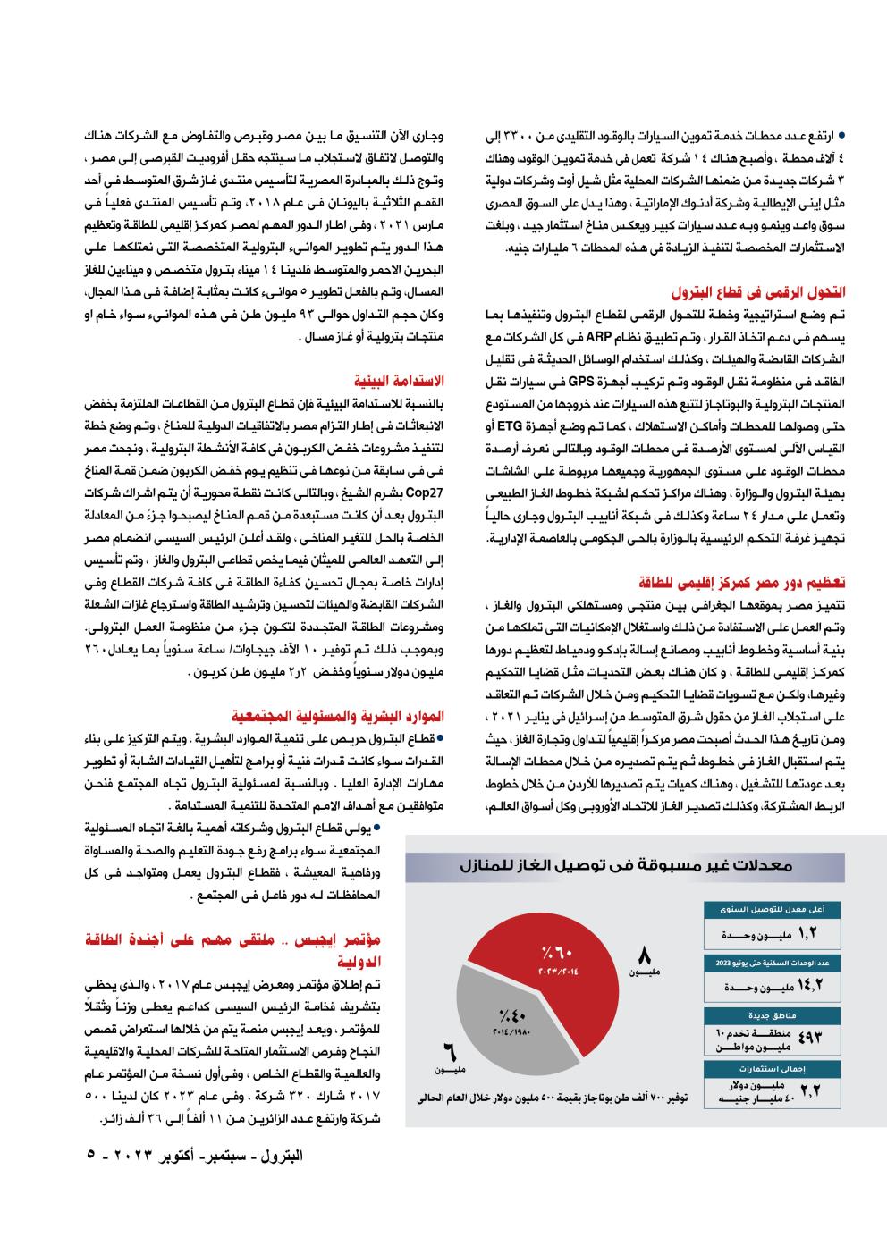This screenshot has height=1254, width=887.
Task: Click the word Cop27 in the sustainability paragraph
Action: coord(430,492)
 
